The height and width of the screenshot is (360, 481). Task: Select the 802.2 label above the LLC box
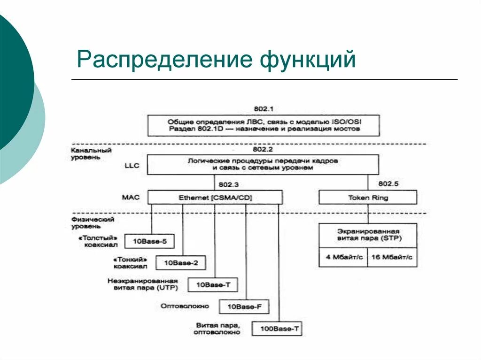tap(263, 149)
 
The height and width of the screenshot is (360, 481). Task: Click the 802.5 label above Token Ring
tap(388, 184)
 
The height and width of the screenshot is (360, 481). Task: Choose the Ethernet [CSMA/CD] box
tap(215, 198)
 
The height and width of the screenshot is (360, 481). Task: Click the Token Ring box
tap(368, 198)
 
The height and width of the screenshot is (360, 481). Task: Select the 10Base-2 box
tap(181, 263)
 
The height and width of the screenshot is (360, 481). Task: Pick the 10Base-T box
tap(213, 285)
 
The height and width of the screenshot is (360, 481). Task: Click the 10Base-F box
tap(244, 307)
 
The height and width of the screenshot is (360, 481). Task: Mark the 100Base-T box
tap(277, 329)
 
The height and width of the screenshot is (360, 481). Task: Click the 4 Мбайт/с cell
tap(343, 257)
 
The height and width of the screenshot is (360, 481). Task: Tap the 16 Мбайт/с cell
tap(391, 257)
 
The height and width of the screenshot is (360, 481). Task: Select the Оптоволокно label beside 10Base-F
tap(185, 306)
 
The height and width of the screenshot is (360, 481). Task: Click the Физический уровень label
tap(93, 222)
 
